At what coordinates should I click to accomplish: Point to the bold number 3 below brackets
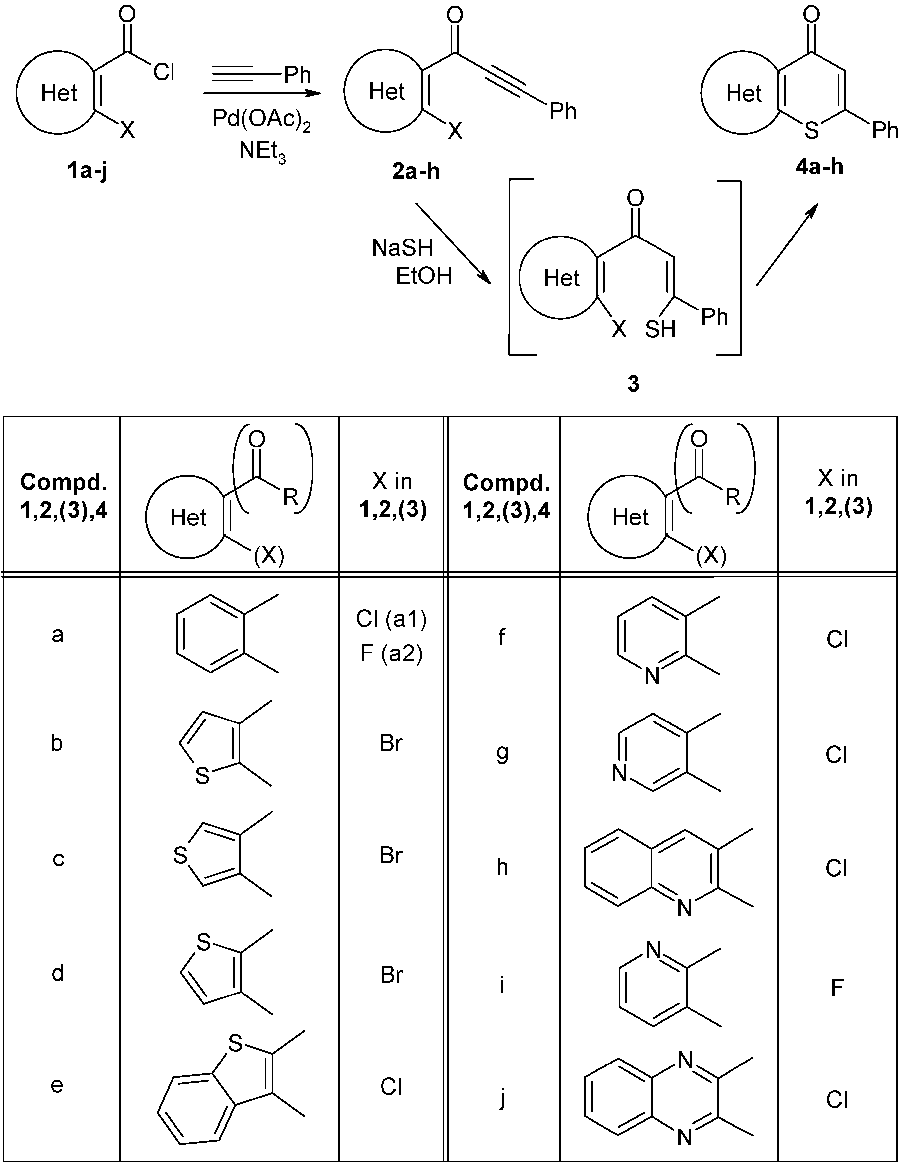633,384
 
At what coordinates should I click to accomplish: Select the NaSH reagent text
402,248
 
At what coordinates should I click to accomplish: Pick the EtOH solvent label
424,276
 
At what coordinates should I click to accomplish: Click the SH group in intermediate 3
660,330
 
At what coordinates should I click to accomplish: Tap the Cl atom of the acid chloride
164,72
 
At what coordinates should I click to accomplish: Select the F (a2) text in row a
391,653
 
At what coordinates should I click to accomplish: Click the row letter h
502,867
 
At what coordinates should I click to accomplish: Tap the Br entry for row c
391,856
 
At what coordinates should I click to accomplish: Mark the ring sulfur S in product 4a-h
812,130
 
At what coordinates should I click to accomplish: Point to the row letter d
58,973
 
